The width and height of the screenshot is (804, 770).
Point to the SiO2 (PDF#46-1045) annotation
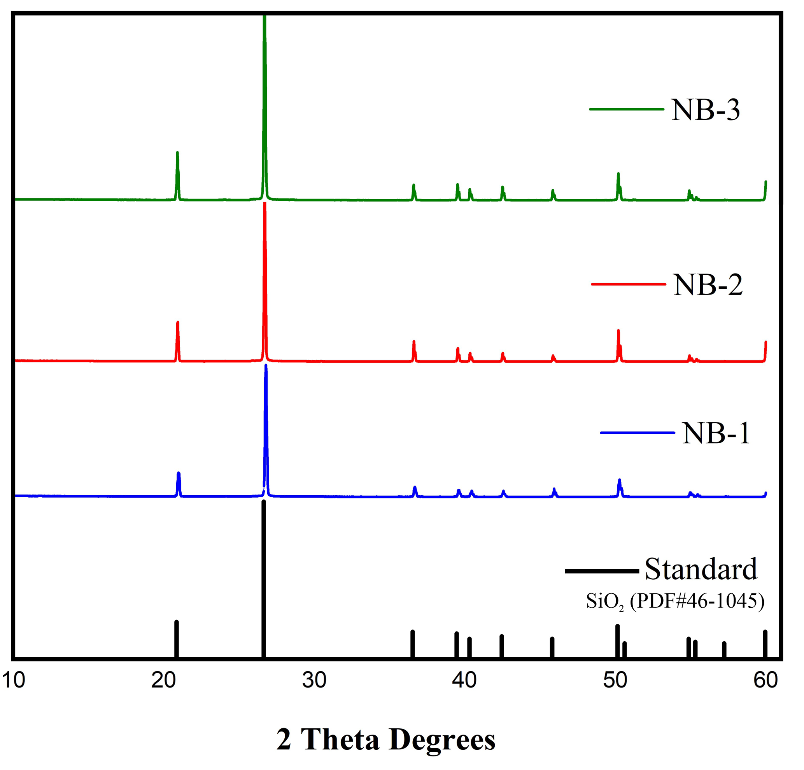point(675,602)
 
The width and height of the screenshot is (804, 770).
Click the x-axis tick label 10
point(13,680)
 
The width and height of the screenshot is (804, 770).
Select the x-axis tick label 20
point(163,680)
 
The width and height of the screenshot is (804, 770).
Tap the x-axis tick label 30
point(314,680)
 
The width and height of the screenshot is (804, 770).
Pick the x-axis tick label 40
point(464,680)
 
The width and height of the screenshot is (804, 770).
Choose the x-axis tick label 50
point(615,680)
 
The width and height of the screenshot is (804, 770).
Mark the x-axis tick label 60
point(765,680)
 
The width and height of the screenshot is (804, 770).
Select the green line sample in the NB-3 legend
point(626,109)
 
